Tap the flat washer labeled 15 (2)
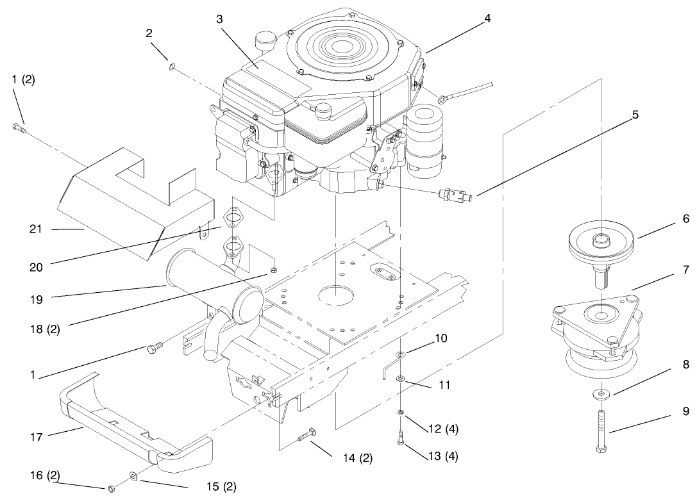(x=132, y=477)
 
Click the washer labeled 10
(x=400, y=354)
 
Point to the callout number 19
(x=36, y=297)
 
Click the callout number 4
(x=487, y=18)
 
